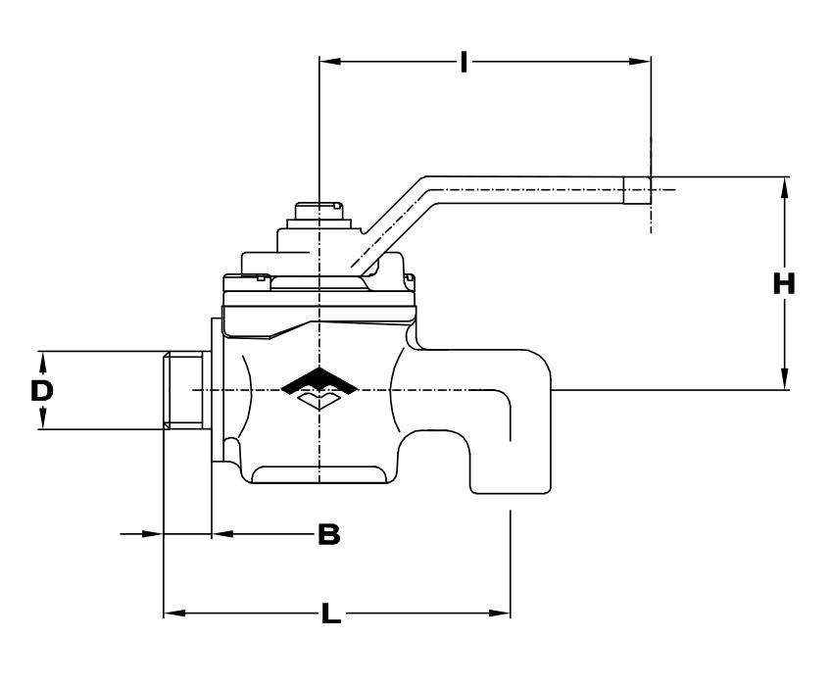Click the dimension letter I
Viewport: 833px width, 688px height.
pyautogui.click(x=464, y=62)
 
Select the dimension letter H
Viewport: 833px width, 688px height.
pyautogui.click(x=784, y=283)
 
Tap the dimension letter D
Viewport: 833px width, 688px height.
pyautogui.click(x=42, y=391)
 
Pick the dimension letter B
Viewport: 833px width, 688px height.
pyautogui.click(x=329, y=534)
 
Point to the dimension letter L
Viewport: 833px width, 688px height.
pyautogui.click(x=331, y=614)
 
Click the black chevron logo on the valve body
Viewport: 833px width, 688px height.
pyautogui.click(x=319, y=380)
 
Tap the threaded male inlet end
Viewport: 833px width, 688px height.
pyautogui.click(x=183, y=390)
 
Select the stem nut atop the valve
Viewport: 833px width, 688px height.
pyautogui.click(x=319, y=211)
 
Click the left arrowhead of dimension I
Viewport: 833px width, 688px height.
pyautogui.click(x=329, y=62)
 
